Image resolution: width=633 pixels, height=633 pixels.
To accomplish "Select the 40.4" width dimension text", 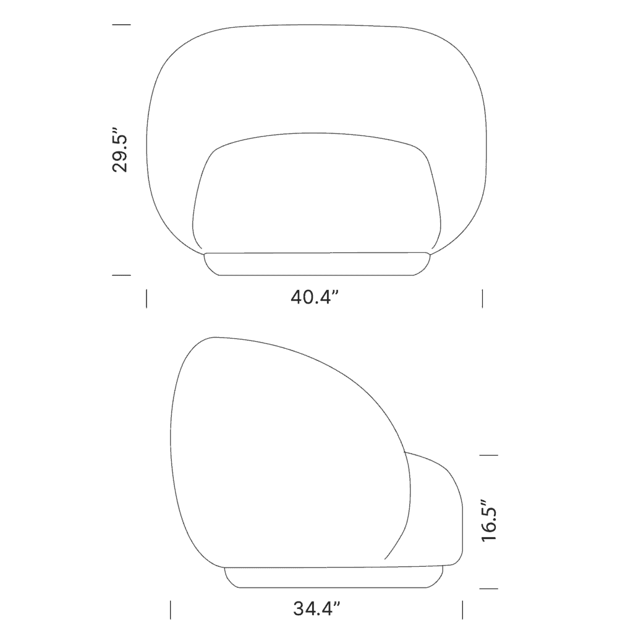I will click(316, 298).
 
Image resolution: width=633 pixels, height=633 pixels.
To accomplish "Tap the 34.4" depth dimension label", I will click(317, 609).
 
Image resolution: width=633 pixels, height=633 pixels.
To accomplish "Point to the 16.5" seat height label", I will click(489, 521).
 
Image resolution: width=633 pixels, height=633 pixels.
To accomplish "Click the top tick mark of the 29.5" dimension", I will click(122, 25).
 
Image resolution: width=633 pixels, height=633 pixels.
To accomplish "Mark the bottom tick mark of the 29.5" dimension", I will click(122, 275).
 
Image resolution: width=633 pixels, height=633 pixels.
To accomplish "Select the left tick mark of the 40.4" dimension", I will click(147, 298).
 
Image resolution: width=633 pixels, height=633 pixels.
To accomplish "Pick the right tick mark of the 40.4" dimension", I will click(482, 298).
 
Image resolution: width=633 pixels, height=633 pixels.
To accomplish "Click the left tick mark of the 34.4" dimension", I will click(171, 609).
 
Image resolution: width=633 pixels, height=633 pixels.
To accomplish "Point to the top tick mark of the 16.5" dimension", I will click(489, 455).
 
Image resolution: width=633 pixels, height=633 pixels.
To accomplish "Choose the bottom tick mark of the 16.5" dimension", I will click(489, 588).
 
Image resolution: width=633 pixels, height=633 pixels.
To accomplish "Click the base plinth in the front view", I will click(316, 264).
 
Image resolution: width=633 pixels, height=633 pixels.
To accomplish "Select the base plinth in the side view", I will click(334, 577).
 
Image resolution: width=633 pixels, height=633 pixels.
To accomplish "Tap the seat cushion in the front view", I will click(316, 198).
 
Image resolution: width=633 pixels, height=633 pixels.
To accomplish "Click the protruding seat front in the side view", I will click(436, 513).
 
